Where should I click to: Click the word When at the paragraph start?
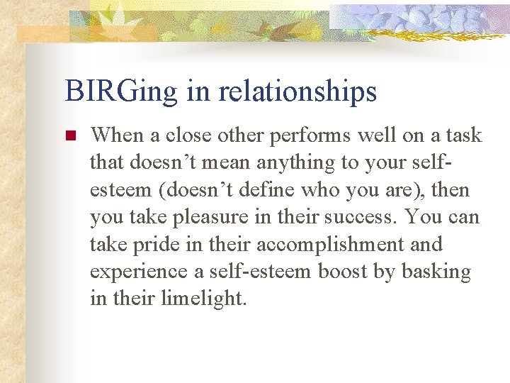pyautogui.click(x=115, y=135)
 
